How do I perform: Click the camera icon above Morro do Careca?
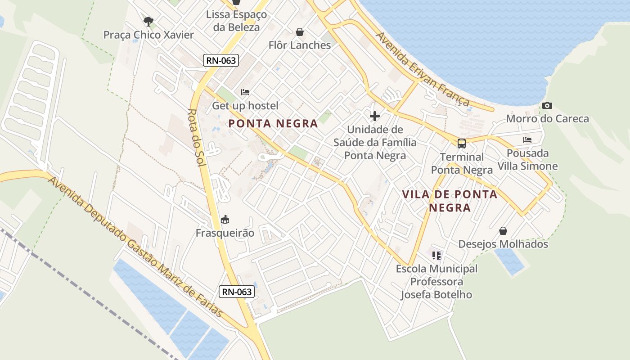point(547,106)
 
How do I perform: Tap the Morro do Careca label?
point(547,119)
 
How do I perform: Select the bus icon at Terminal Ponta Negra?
point(462,144)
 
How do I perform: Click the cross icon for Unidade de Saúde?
point(374,117)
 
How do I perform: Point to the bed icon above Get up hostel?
point(245,92)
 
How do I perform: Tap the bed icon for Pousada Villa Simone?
point(527,140)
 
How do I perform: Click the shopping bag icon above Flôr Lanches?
point(300,32)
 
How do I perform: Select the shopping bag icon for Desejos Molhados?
point(503,231)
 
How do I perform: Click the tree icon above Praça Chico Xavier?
point(148,21)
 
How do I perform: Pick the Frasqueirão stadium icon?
point(225,220)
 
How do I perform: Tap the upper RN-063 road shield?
point(220,60)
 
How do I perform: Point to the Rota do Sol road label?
point(197,138)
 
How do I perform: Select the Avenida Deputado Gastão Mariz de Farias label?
point(135,247)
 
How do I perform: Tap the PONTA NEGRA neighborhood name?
point(273,123)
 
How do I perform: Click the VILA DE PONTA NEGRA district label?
point(450,201)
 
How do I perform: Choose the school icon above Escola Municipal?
point(436,256)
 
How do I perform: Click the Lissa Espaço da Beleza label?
point(236,21)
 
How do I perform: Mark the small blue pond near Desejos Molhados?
point(510,261)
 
